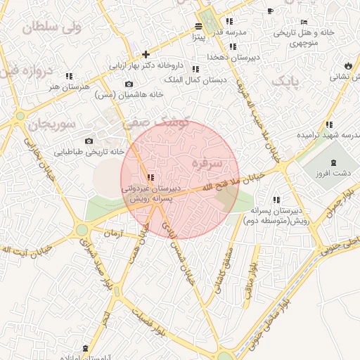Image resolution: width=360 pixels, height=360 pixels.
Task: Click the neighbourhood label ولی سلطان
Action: tap(52, 28)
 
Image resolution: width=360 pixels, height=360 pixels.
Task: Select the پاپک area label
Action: tap(285, 82)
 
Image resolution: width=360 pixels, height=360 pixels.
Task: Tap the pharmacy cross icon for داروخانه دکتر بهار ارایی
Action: tap(146, 54)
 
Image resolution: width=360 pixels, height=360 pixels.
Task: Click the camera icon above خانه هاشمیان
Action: tap(129, 84)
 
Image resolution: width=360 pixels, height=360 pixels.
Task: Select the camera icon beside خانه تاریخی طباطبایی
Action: tap(89, 140)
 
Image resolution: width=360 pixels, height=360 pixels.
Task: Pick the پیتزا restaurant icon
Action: tap(198, 27)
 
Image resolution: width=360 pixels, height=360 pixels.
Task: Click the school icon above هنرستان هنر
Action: tap(69, 76)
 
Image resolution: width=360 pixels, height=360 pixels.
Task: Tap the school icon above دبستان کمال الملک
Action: tap(195, 69)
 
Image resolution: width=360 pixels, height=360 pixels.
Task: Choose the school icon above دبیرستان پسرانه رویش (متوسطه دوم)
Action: tap(276, 200)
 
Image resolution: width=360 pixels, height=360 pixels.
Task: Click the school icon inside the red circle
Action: tap(150, 177)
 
